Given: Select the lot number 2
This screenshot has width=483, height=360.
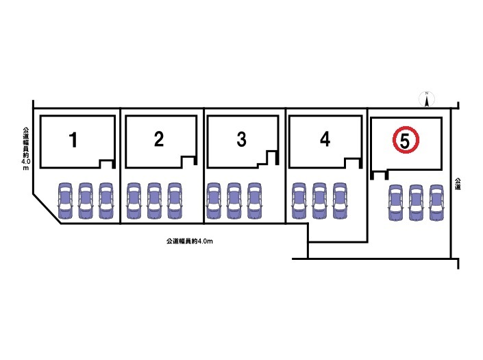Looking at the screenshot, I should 159,140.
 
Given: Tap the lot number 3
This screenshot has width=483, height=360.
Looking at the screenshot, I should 241,140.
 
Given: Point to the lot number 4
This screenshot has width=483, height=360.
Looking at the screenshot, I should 325,139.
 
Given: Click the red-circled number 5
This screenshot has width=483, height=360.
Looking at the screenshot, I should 405,141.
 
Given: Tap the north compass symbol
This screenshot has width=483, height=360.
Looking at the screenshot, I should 426,100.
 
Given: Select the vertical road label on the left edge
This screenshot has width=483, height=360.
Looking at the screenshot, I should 25,148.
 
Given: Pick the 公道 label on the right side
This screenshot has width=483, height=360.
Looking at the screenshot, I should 457,184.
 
